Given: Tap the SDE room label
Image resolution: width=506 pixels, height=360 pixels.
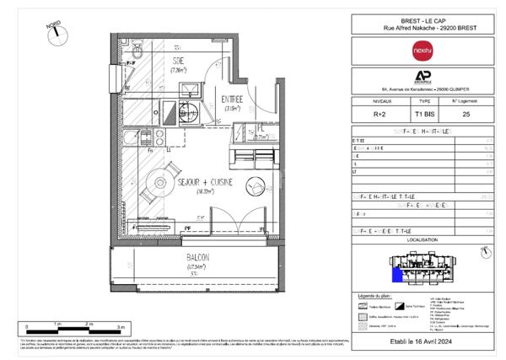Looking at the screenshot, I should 179,62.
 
